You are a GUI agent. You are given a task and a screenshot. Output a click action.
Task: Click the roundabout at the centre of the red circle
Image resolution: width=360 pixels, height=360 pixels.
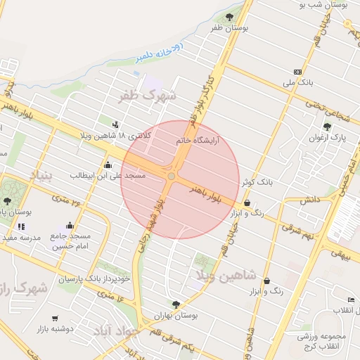pyautogui.click(x=172, y=176)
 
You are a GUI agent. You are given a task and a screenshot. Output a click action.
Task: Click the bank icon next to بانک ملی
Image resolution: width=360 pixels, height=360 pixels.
pyautogui.click(x=298, y=72)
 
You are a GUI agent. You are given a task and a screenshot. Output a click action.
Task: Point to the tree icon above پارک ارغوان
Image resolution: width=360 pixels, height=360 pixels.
pyautogui.click(x=327, y=126)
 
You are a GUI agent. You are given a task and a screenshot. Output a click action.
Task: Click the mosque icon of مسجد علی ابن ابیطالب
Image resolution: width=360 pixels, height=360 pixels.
pyautogui.click(x=108, y=166)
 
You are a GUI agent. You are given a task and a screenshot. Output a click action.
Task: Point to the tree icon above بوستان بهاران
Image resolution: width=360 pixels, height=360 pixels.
pyautogui.click(x=176, y=304)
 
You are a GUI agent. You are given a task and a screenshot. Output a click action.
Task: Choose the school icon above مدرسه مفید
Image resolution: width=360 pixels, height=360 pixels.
pyautogui.click(x=21, y=226)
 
